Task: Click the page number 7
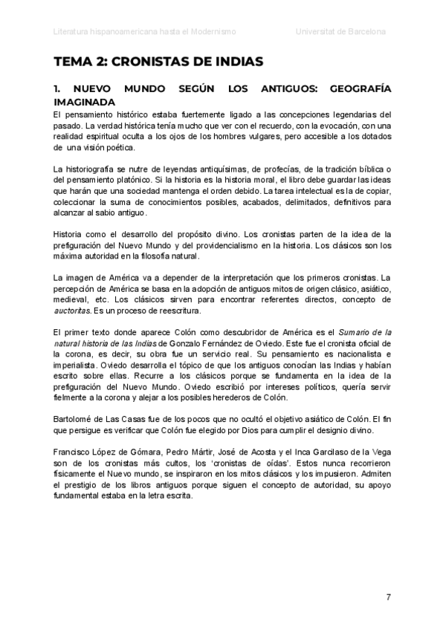(x=388, y=597)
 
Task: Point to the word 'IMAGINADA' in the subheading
(x=85, y=103)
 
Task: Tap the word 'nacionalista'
(x=343, y=356)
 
